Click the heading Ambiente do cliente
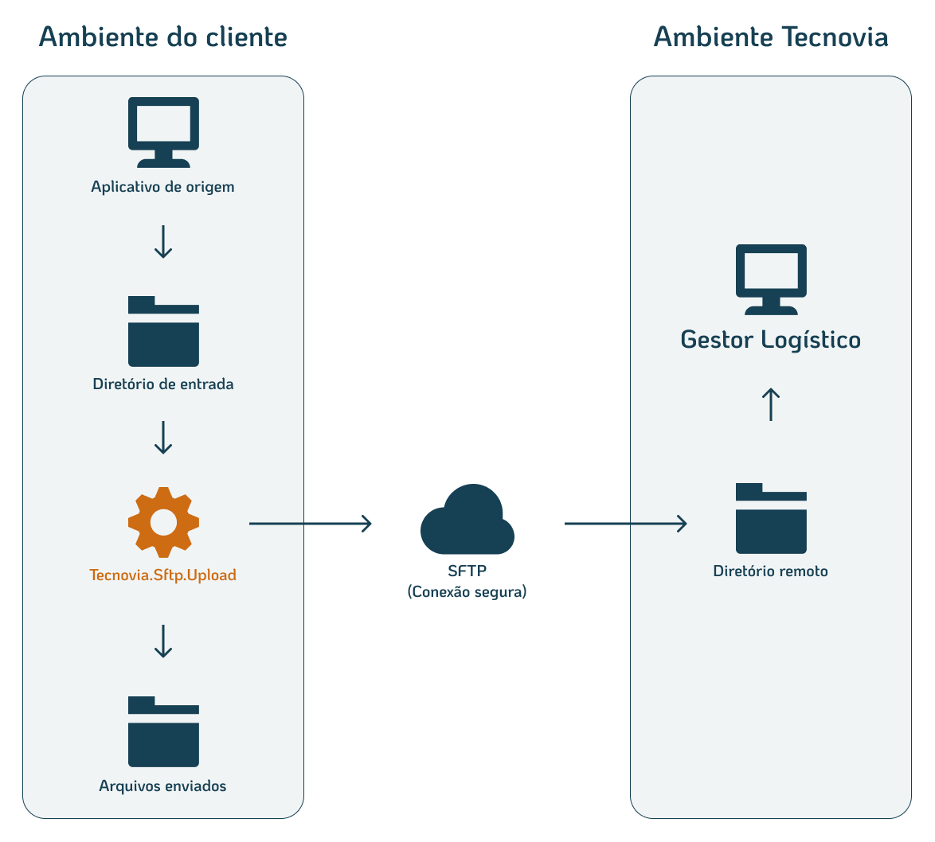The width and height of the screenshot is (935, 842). (162, 37)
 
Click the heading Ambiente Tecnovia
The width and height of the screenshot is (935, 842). (770, 37)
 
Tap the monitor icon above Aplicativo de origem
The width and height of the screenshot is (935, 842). (163, 131)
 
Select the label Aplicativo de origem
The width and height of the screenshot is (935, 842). (162, 188)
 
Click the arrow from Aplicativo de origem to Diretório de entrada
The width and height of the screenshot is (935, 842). (163, 242)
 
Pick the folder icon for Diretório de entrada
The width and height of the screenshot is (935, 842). (163, 332)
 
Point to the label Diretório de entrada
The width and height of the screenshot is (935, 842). (163, 384)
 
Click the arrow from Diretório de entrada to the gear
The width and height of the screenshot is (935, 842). (163, 438)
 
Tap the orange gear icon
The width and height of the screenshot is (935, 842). (163, 522)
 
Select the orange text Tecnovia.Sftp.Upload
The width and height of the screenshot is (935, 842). (163, 575)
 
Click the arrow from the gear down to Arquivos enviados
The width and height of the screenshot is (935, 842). (163, 641)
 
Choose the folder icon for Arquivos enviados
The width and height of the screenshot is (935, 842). (163, 732)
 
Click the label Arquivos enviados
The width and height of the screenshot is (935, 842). (162, 786)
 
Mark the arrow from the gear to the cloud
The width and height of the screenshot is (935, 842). (310, 524)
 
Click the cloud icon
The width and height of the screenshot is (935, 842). (467, 520)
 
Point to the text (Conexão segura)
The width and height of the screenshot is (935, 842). (467, 592)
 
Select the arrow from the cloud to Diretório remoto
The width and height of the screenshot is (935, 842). (625, 524)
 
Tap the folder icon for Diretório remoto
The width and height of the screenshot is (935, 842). (771, 519)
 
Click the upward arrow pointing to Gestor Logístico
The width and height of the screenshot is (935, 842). (770, 404)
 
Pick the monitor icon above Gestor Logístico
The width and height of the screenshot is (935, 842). (770, 279)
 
